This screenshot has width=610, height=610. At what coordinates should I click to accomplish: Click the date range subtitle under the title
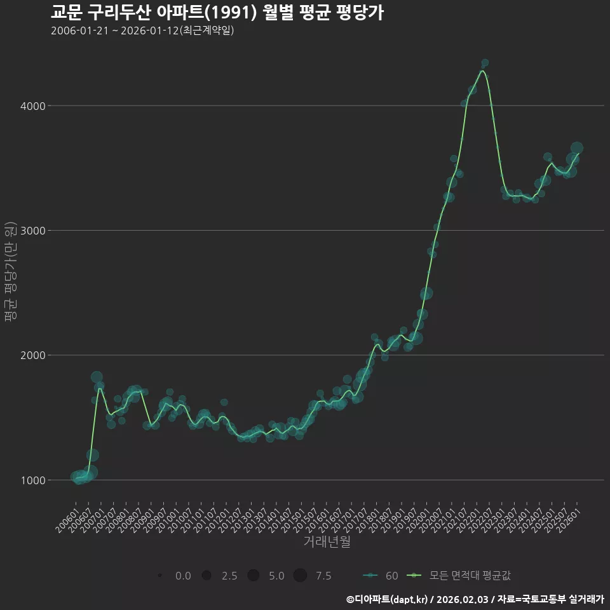142,30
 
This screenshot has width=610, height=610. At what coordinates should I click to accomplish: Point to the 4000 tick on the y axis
32,106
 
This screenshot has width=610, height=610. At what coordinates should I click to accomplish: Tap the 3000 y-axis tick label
32,231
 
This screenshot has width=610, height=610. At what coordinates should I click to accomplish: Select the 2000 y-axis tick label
32,355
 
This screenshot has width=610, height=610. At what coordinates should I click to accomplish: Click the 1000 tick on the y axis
32,480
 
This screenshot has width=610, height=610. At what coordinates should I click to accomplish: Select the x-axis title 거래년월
327,542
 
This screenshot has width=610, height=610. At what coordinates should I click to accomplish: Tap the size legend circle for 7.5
300,576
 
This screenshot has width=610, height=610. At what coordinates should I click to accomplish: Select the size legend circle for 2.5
206,576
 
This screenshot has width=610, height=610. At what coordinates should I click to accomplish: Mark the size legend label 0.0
183,576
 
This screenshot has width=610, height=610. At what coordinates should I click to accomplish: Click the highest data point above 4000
485,63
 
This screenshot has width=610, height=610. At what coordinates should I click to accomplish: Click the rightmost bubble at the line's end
577,148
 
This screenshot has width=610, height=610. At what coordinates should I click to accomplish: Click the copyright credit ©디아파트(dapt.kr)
387,599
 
